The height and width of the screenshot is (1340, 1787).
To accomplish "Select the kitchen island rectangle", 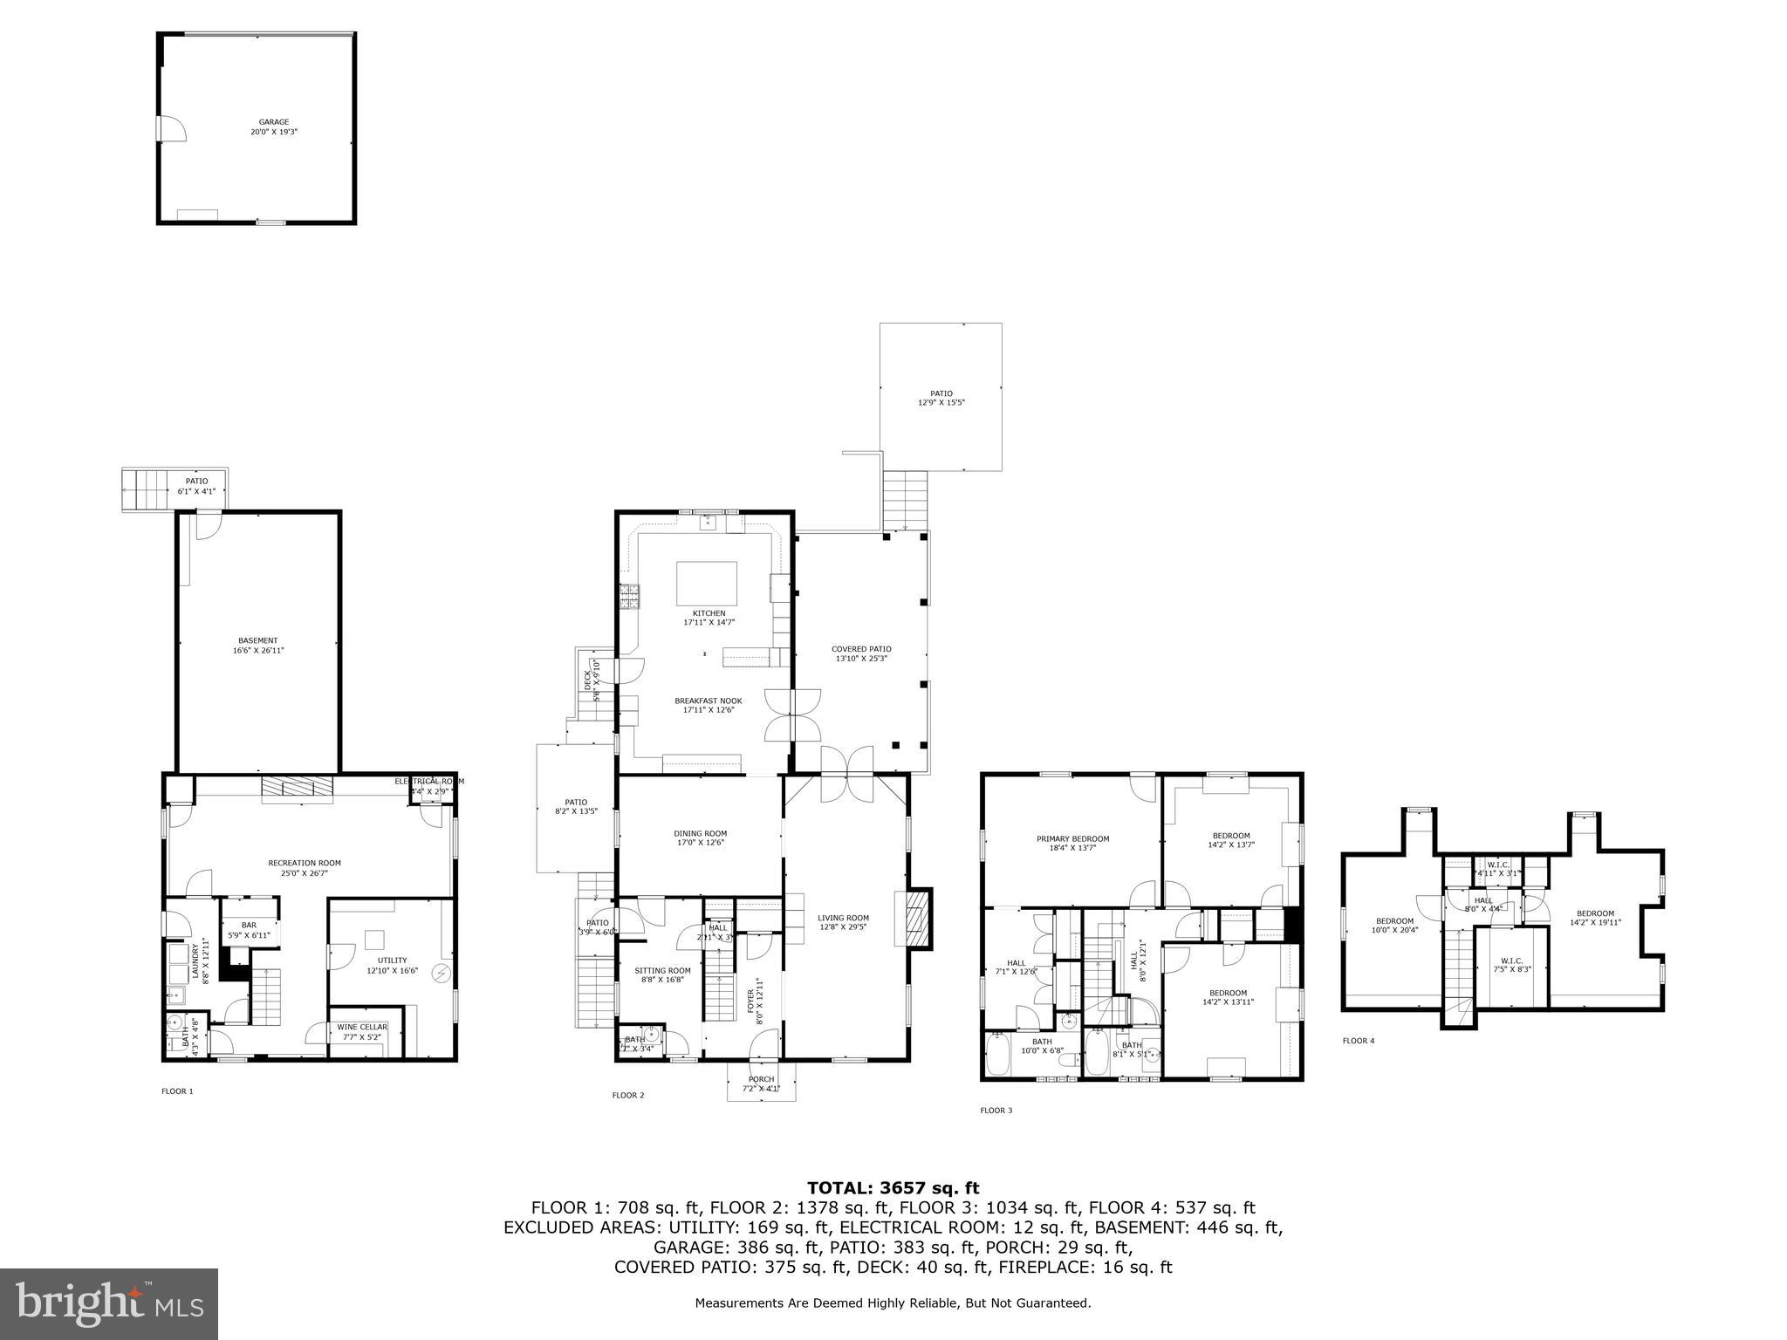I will (x=707, y=584).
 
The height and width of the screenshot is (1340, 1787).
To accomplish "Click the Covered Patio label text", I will (x=860, y=649).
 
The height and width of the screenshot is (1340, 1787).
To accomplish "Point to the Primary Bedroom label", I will (x=1072, y=839).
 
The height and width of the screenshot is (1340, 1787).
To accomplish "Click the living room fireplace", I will (x=916, y=919).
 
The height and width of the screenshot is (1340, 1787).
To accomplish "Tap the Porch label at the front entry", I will (x=761, y=1080).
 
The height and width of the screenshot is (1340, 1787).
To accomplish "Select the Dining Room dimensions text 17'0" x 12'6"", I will (x=700, y=843).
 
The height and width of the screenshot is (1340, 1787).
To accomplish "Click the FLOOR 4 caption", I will (x=1358, y=1041).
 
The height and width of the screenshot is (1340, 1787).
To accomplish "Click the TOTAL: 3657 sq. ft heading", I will (x=893, y=1188).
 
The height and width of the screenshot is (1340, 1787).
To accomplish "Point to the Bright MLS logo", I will (x=109, y=1304).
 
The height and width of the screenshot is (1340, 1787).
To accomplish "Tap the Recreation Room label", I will (x=304, y=864).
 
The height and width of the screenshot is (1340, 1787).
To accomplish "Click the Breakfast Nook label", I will (x=708, y=701).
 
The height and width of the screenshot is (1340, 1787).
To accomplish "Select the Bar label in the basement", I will (x=249, y=926).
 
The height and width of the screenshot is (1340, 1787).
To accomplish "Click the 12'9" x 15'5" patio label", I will (x=941, y=402).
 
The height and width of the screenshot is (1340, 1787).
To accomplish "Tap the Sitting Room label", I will (x=662, y=971).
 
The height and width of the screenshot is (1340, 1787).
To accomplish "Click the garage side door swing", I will (x=173, y=128).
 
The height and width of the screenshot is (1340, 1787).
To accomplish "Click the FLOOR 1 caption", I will (x=177, y=1091).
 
